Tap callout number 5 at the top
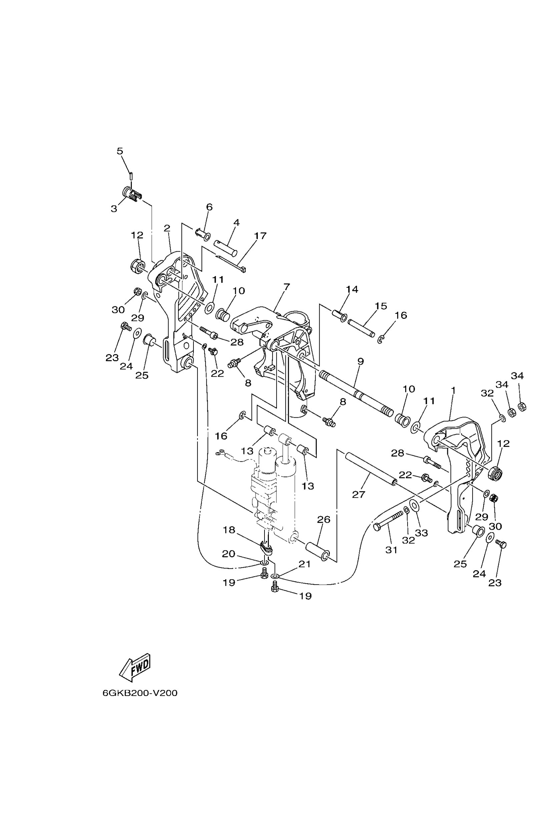point(120,151)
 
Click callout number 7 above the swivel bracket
point(287,287)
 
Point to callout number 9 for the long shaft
point(361,361)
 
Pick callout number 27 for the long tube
point(359,494)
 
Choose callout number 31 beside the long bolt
point(391,550)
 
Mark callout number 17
point(260,236)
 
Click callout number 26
point(324,519)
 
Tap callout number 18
point(229,530)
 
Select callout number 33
point(422,533)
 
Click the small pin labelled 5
point(130,175)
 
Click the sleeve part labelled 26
point(318,551)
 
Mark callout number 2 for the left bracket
point(167,228)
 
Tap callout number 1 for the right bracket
point(453,390)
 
